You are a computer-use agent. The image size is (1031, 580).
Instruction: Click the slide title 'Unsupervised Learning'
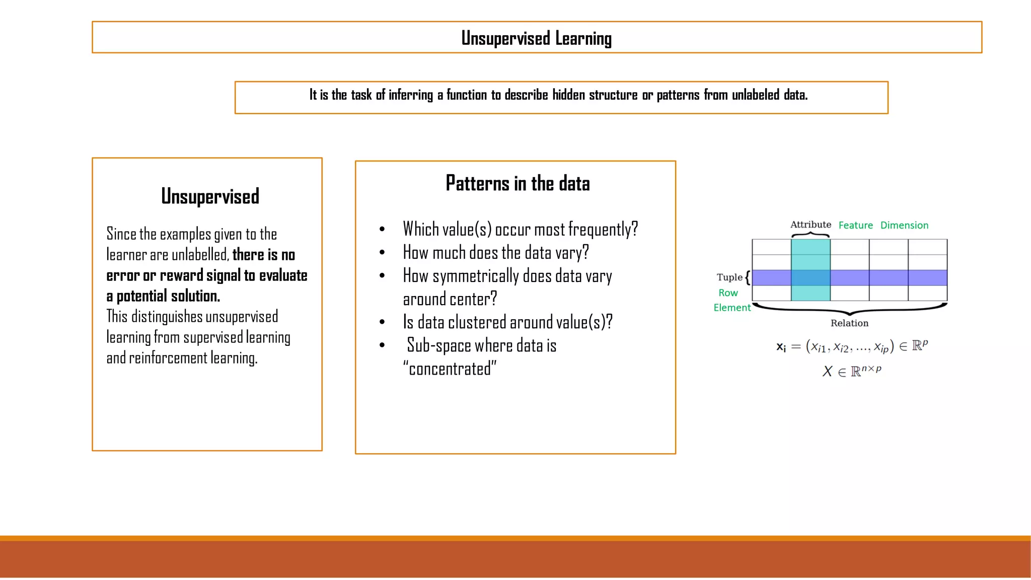(536, 38)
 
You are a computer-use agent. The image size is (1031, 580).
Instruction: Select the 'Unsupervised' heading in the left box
(210, 196)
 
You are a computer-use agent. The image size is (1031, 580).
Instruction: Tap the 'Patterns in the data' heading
(518, 183)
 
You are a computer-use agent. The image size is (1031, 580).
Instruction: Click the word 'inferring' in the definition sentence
(410, 95)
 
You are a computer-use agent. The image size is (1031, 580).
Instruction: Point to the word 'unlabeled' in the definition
(755, 95)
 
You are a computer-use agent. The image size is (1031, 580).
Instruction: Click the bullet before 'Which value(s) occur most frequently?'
(382, 230)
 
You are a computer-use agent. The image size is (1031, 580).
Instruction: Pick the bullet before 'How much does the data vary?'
(382, 253)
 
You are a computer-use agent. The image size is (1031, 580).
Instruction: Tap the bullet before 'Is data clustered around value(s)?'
(382, 322)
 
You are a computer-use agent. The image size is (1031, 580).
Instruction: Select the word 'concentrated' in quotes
(450, 369)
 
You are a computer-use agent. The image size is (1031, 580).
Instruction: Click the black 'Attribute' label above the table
(811, 225)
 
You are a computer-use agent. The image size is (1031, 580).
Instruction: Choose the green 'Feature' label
(855, 225)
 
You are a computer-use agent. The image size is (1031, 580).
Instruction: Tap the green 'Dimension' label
(904, 225)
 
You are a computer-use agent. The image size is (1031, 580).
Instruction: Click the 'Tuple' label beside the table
(729, 277)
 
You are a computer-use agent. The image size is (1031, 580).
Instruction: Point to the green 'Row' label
(728, 293)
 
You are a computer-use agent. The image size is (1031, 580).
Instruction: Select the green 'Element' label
(732, 308)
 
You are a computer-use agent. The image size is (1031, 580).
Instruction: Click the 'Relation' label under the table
(849, 323)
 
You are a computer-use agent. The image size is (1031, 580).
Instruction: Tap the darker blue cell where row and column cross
(811, 278)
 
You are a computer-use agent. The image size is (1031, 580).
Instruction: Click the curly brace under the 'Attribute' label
(811, 235)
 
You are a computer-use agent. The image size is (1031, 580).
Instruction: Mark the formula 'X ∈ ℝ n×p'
(852, 371)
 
